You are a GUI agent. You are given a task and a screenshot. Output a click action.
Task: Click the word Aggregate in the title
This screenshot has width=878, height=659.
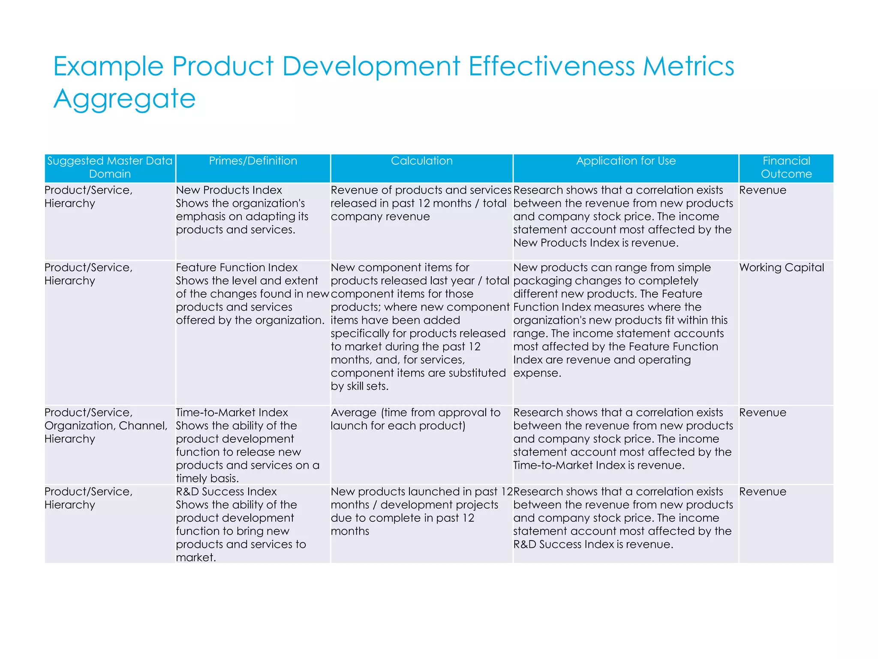(x=124, y=99)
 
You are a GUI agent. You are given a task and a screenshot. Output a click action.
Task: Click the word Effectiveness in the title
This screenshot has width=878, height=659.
(x=551, y=67)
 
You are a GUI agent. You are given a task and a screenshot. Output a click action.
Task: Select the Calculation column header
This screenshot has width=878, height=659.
(x=421, y=161)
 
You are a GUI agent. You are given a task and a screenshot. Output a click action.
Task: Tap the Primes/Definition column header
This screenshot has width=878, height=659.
(x=253, y=161)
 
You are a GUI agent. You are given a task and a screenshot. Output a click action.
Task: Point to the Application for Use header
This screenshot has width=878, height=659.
(x=625, y=161)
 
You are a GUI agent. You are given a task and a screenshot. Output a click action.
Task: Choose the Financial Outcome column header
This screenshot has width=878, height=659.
(x=786, y=167)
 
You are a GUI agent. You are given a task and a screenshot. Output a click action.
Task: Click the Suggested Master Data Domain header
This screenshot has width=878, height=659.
(x=110, y=167)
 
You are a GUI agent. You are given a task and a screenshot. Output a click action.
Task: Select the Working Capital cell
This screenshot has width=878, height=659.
(x=782, y=268)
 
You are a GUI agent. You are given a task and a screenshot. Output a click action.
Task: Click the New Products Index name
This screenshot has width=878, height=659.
(x=229, y=190)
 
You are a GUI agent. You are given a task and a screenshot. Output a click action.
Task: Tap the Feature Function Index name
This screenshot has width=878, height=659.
(x=237, y=268)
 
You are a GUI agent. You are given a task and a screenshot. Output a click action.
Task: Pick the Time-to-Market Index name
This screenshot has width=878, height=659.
(x=232, y=413)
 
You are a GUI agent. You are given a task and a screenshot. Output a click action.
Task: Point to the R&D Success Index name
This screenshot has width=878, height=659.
(x=226, y=492)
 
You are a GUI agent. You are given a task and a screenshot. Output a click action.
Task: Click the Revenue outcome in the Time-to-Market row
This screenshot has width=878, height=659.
(x=763, y=413)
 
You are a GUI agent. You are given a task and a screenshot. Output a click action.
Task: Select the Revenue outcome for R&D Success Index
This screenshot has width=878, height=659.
(x=763, y=492)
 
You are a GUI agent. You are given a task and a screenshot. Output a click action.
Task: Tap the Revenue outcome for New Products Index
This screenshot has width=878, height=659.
(x=763, y=190)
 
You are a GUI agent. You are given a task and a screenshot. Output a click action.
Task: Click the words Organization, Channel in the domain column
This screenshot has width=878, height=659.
(x=106, y=426)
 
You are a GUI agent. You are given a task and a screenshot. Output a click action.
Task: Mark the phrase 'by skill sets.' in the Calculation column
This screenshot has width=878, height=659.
(x=360, y=387)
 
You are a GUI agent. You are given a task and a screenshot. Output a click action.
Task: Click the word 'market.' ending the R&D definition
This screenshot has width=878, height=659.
(x=196, y=558)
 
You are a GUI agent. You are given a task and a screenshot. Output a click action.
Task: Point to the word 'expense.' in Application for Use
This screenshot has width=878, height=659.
(x=537, y=373)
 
